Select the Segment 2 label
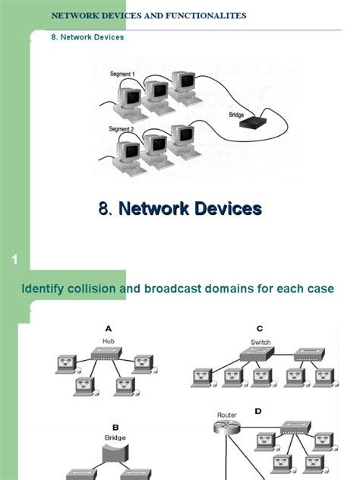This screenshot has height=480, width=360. [122, 129]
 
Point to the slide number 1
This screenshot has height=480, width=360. [14, 262]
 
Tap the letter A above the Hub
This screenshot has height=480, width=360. [109, 329]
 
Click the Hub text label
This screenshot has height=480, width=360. [109, 341]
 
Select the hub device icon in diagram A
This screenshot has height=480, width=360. [109, 353]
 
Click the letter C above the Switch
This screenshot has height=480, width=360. [260, 329]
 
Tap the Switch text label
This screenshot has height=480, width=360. [261, 342]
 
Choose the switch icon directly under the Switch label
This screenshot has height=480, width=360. [260, 354]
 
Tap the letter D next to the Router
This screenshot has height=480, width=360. [257, 411]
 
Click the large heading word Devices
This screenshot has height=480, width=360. [224, 208]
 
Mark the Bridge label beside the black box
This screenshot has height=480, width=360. [240, 115]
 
